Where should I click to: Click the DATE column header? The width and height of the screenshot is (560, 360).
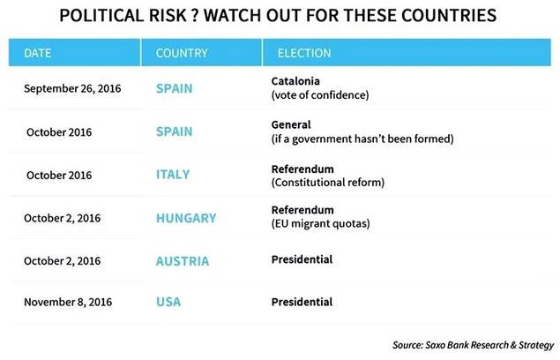38,53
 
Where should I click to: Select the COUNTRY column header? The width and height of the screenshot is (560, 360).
182,53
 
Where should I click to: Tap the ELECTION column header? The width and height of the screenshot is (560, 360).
304,53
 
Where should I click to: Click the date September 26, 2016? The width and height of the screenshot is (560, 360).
72,89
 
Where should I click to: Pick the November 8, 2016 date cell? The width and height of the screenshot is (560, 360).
71,303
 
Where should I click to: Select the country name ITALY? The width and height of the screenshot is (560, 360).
173,175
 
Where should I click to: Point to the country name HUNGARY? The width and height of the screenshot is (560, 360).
185,217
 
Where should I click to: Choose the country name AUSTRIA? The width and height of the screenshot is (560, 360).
183,261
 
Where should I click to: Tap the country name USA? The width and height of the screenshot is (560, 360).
168,303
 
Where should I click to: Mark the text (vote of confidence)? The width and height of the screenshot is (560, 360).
318,94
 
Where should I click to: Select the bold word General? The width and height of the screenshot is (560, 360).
292,124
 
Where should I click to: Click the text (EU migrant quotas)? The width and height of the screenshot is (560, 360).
319,224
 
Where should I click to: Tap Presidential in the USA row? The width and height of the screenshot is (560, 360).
302,303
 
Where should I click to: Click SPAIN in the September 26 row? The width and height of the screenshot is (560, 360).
175,89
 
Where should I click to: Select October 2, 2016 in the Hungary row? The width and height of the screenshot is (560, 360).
64,217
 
